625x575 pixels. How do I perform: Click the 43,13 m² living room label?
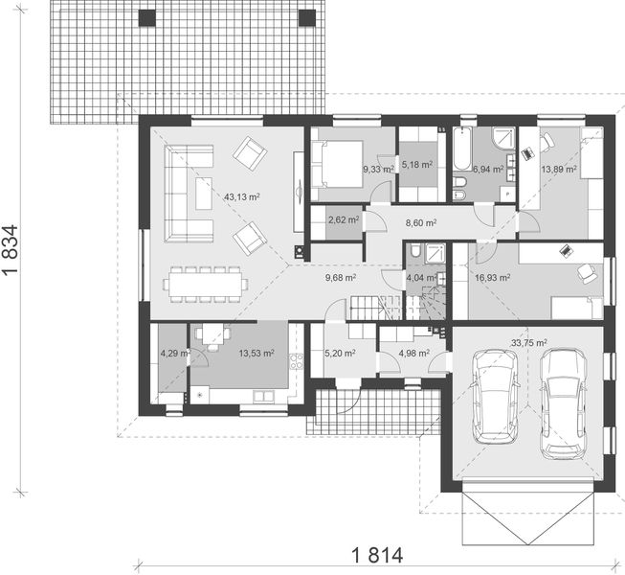tap(242, 196)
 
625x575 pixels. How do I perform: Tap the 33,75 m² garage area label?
tap(528, 342)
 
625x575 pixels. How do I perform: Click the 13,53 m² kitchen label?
tap(256, 353)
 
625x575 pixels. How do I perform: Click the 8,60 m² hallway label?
tap(421, 222)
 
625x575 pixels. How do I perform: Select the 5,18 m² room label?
tap(417, 164)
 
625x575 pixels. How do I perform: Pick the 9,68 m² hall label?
tap(341, 278)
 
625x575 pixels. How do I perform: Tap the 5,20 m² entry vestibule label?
tap(341, 352)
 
